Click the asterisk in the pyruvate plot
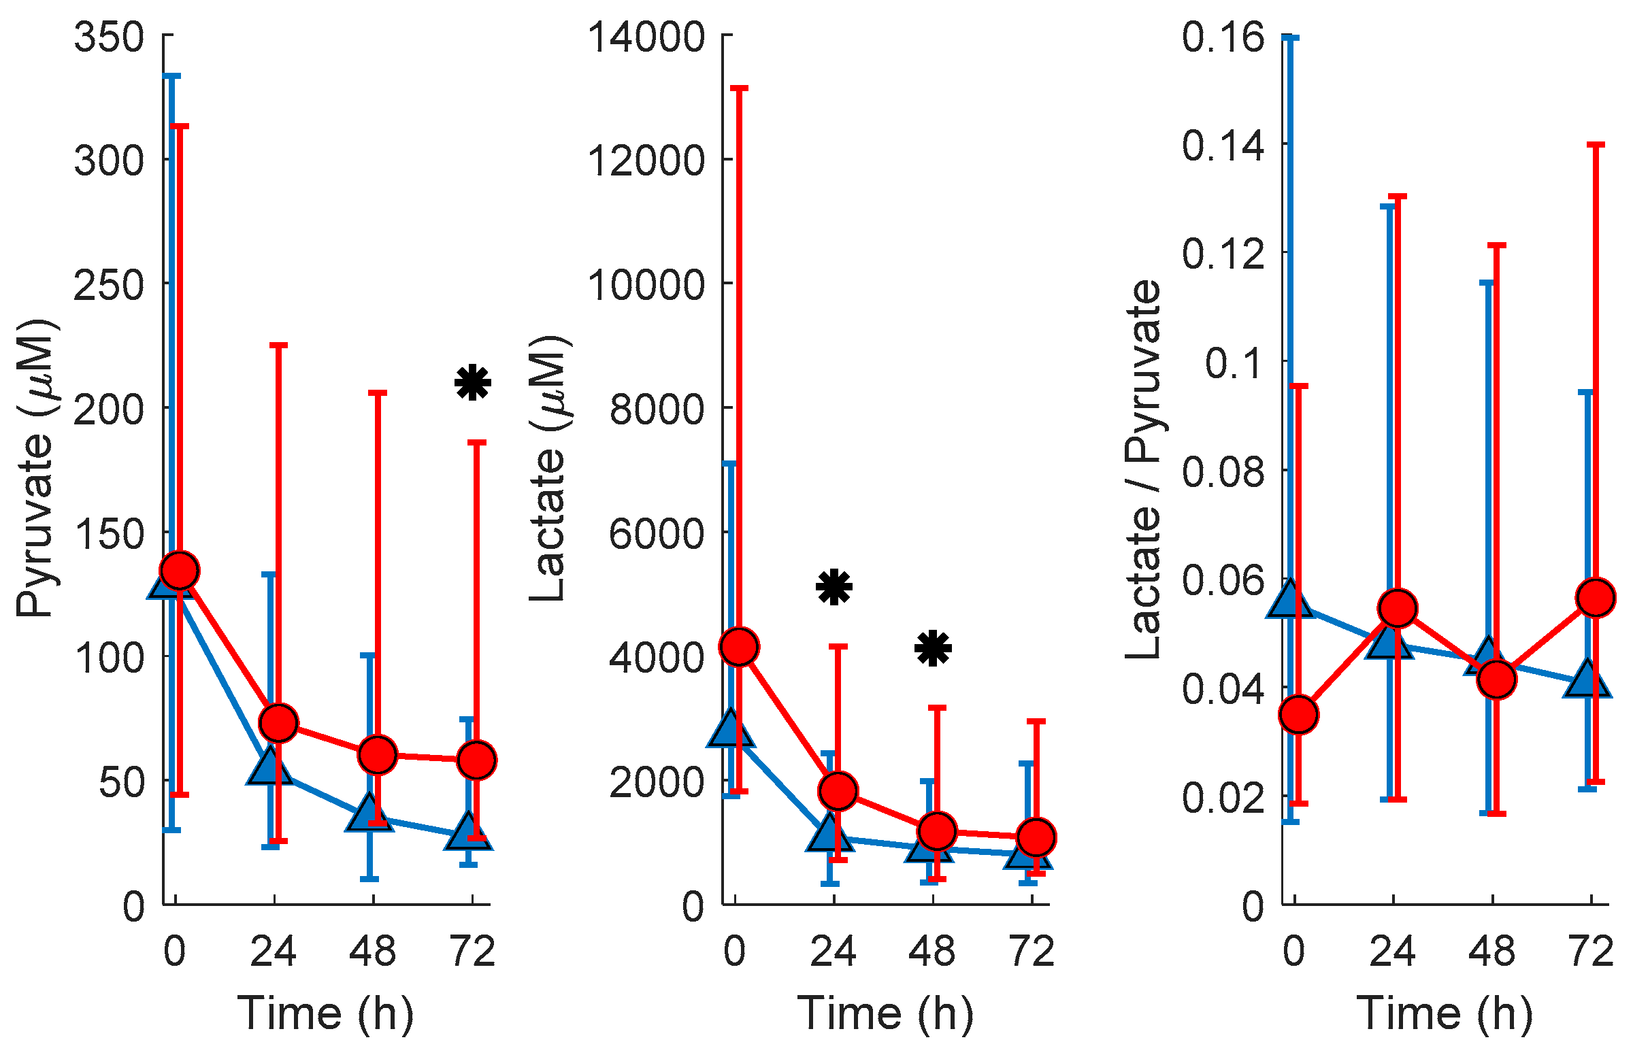click(472, 383)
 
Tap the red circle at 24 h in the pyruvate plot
click(278, 722)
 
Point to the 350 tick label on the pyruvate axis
click(109, 37)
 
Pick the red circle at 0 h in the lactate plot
click(739, 646)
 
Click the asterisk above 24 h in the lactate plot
click(834, 587)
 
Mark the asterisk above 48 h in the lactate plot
click(933, 648)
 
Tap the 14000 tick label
click(646, 37)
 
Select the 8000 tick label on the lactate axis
click(657, 409)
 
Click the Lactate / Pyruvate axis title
click(1143, 469)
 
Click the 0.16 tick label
click(1223, 37)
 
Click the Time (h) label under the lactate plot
click(885, 1013)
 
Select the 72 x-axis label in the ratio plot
click(1591, 951)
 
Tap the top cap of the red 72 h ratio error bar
click(1596, 145)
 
